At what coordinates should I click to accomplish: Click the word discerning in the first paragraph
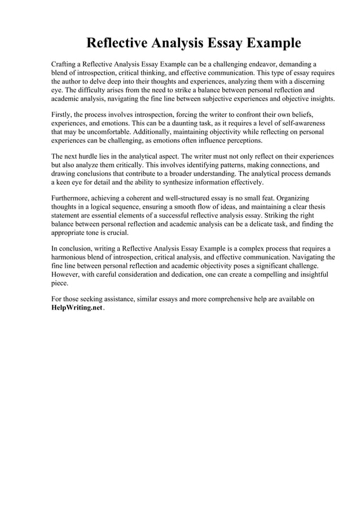click(x=312, y=81)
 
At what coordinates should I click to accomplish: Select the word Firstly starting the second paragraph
click(x=63, y=115)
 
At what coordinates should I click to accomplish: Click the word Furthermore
click(x=73, y=198)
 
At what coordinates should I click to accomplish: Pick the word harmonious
click(x=73, y=257)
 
